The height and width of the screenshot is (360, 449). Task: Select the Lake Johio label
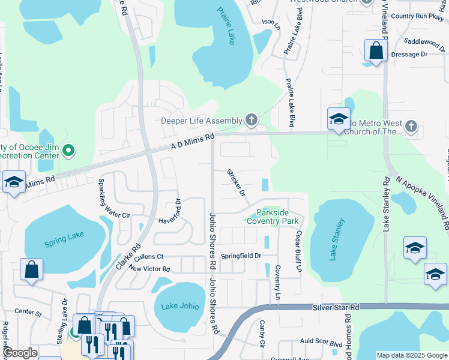(x=180, y=306)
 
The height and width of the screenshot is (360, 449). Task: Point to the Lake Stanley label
(x=337, y=240)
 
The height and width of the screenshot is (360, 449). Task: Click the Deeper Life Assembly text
(x=201, y=121)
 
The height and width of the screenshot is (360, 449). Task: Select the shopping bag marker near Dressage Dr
(x=376, y=51)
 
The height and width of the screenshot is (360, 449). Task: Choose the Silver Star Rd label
(x=336, y=307)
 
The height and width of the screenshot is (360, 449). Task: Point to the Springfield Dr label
(x=241, y=256)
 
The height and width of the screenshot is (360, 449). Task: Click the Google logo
(x=20, y=353)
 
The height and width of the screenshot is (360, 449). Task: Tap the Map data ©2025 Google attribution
(x=411, y=355)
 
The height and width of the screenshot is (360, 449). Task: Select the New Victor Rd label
(x=149, y=269)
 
